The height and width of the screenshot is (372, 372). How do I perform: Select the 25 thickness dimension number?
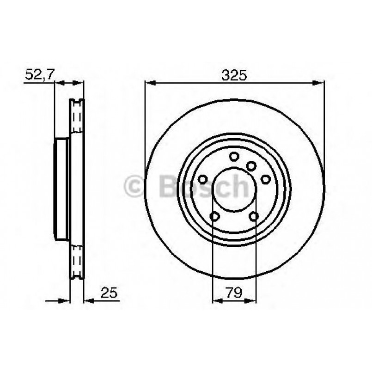click(109, 293)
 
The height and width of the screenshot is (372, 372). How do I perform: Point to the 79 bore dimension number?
click(234, 293)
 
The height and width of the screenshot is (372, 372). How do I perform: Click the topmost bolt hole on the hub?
click(234, 156)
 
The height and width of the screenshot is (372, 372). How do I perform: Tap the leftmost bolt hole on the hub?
click(202, 179)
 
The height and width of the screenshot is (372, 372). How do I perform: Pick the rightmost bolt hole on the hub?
click(266, 179)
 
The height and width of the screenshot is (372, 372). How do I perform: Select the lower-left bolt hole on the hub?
click(214, 216)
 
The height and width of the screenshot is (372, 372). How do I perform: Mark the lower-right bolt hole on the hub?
click(253, 216)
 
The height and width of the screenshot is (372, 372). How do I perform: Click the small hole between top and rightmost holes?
click(251, 165)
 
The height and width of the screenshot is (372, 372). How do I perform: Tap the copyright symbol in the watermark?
click(135, 186)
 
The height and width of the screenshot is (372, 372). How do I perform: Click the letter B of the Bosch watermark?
click(169, 186)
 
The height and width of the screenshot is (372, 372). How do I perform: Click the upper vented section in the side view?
click(77, 118)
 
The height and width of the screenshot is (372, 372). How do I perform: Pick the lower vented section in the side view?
click(77, 261)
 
